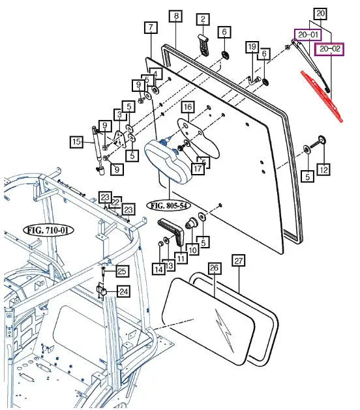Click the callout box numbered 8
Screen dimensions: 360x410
176,16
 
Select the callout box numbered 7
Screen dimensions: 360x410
151,27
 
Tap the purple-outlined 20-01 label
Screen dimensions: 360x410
308,35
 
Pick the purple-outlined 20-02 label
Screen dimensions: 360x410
329,49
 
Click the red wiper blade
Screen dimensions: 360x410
322,96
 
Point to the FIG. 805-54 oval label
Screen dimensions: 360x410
169,205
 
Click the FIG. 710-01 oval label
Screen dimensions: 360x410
48,230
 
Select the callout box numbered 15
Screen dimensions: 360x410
76,142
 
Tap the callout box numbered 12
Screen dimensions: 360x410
323,170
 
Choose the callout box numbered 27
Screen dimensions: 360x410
239,261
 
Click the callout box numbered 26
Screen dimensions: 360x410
214,268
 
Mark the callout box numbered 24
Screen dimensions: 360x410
123,291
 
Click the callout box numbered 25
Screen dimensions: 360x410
122,271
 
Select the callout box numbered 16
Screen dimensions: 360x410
188,107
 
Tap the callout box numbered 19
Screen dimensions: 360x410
252,47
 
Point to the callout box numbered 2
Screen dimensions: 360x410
203,19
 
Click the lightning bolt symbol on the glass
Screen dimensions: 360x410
224,330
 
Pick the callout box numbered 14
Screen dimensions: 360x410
159,269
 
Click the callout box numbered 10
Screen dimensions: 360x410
192,250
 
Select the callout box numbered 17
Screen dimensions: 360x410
198,169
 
